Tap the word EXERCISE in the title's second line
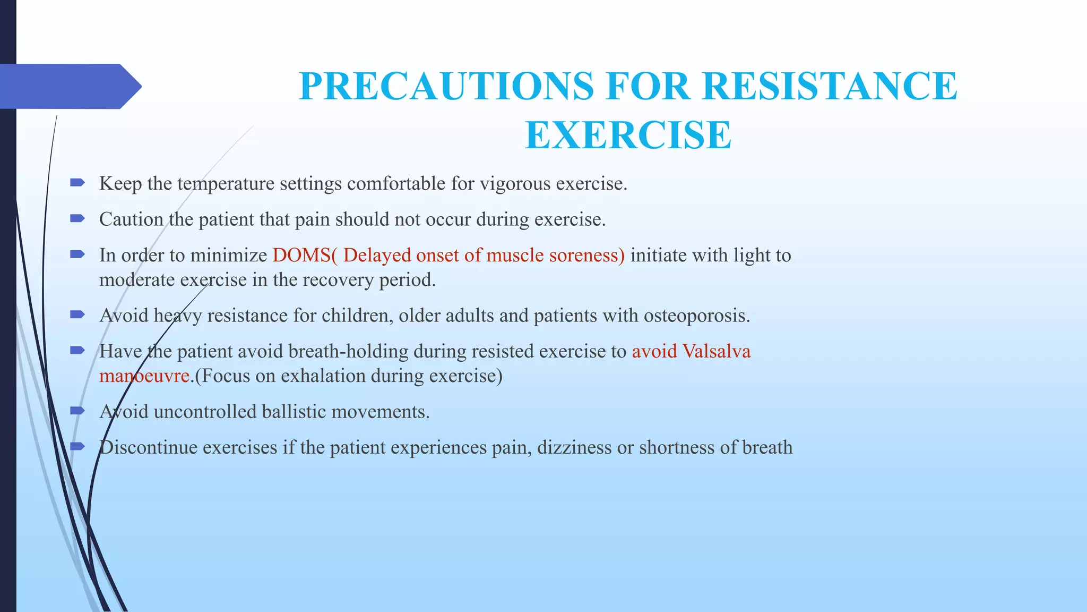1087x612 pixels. pos(628,135)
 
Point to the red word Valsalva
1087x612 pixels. pos(716,352)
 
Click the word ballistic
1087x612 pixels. pos(294,412)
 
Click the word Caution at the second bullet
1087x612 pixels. pos(131,219)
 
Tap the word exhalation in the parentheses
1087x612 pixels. pos(323,376)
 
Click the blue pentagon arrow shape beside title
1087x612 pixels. pos(69,87)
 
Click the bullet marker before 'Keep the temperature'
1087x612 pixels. pos(77,183)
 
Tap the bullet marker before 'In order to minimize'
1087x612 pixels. pos(77,254)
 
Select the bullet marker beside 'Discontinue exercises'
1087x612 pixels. pos(77,446)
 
